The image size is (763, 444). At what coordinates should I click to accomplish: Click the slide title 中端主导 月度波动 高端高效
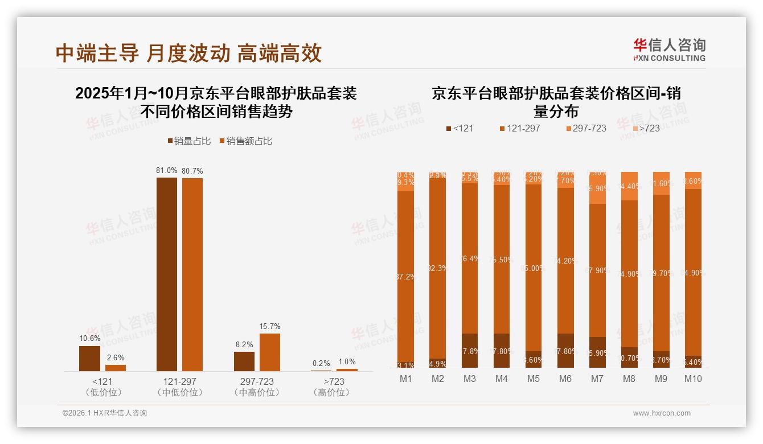pyautogui.click(x=188, y=53)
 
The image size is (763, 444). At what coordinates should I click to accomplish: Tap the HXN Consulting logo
pyautogui.click(x=669, y=50)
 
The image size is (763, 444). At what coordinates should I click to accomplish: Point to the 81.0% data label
pyautogui.click(x=167, y=170)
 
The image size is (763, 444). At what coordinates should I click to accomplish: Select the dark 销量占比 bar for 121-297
pyautogui.click(x=167, y=274)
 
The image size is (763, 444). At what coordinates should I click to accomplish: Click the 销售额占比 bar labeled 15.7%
pyautogui.click(x=270, y=352)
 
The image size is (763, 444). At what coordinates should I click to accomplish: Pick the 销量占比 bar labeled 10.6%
pyautogui.click(x=89, y=359)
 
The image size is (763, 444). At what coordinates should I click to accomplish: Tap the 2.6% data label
pyautogui.click(x=116, y=357)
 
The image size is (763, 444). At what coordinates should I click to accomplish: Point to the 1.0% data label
pyautogui.click(x=347, y=361)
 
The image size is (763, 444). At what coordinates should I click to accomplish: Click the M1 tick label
pyautogui.click(x=406, y=379)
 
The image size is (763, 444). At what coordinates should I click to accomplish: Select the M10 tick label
pyautogui.click(x=693, y=379)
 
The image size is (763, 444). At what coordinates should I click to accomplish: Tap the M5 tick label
pyautogui.click(x=534, y=379)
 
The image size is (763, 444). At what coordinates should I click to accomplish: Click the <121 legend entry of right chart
pyautogui.click(x=460, y=128)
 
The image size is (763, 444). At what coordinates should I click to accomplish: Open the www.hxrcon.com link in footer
pyautogui.click(x=662, y=413)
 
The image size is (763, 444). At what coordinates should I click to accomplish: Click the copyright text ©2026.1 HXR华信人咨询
pyautogui.click(x=104, y=413)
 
